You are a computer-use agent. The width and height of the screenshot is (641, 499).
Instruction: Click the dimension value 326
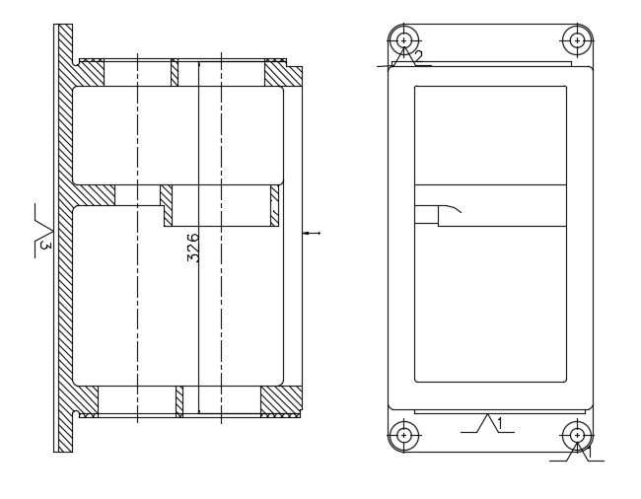coord(193,247)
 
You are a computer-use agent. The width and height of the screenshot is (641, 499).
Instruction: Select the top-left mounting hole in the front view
coord(403,40)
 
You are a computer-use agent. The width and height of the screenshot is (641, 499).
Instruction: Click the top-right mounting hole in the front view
coord(577,40)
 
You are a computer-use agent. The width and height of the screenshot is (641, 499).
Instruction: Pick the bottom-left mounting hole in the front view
coord(403,435)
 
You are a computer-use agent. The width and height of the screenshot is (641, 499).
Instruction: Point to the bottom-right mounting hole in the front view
coord(577,435)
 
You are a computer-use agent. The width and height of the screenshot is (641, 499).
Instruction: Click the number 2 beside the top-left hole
coord(418,57)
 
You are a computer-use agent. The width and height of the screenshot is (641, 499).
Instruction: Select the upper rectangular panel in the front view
coord(490,135)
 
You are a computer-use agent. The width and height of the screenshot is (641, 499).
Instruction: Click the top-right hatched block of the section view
coord(283,74)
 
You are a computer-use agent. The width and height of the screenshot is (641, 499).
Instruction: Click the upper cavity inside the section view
coord(178,135)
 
